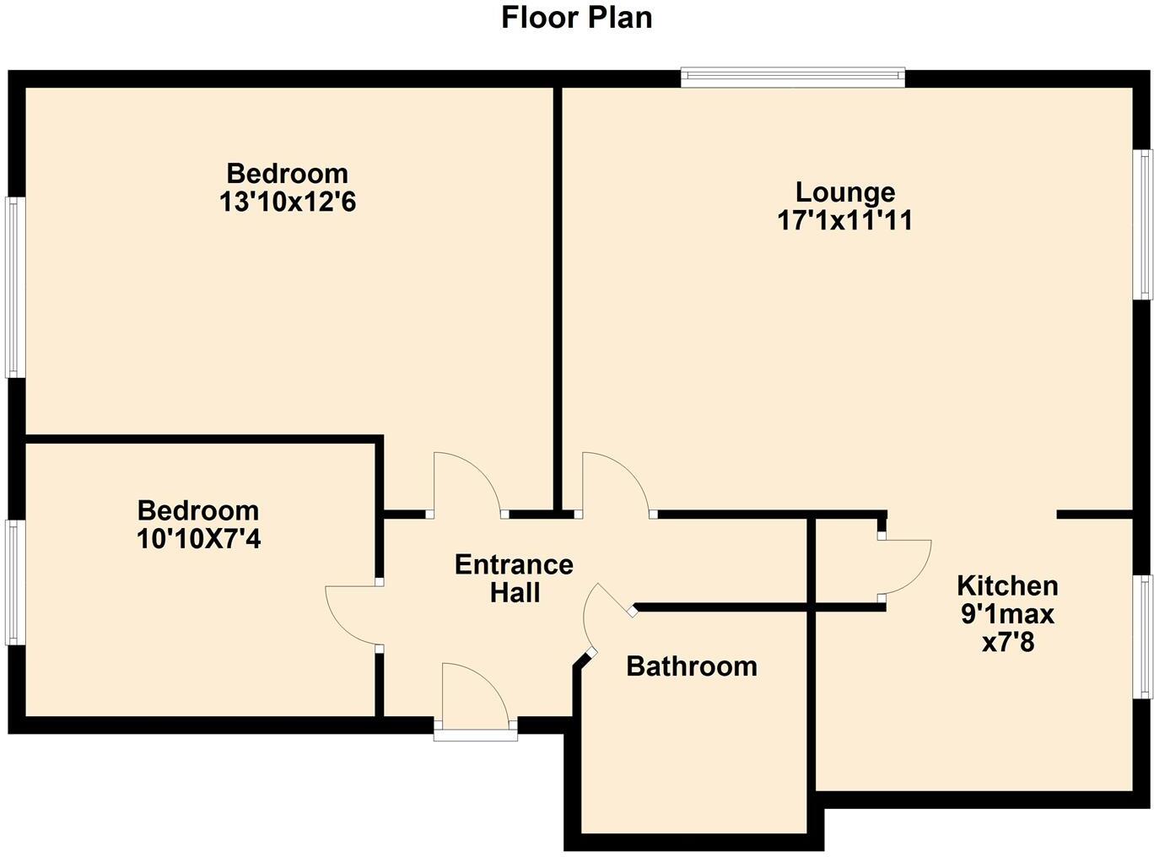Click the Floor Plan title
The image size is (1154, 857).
click(x=576, y=17)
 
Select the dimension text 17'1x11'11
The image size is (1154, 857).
click(x=844, y=221)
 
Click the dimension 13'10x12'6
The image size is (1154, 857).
click(x=287, y=202)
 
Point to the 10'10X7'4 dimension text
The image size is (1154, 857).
click(x=198, y=539)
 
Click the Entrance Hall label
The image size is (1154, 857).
click(x=514, y=578)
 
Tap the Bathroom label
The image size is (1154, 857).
click(x=692, y=666)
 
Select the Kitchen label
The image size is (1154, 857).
click(x=1007, y=585)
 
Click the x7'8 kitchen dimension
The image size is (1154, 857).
click(x=1007, y=643)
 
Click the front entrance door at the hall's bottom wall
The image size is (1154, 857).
click(x=474, y=696)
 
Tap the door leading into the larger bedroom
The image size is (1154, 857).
click(x=466, y=485)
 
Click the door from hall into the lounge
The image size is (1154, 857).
click(x=614, y=485)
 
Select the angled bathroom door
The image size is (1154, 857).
click(x=606, y=616)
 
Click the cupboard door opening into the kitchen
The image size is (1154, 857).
click(x=905, y=568)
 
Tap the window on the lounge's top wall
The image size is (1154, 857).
click(x=793, y=78)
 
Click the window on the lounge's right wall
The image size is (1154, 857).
click(x=1143, y=224)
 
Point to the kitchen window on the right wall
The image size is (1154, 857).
click(x=1143, y=636)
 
